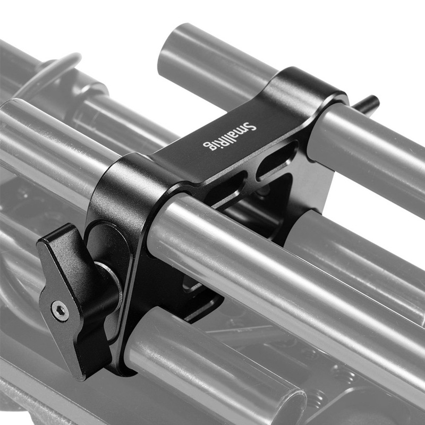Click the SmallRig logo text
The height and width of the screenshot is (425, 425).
click(229, 136)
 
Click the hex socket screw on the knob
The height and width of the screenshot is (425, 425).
click(60, 311)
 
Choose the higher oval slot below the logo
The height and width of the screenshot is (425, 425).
click(277, 160)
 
